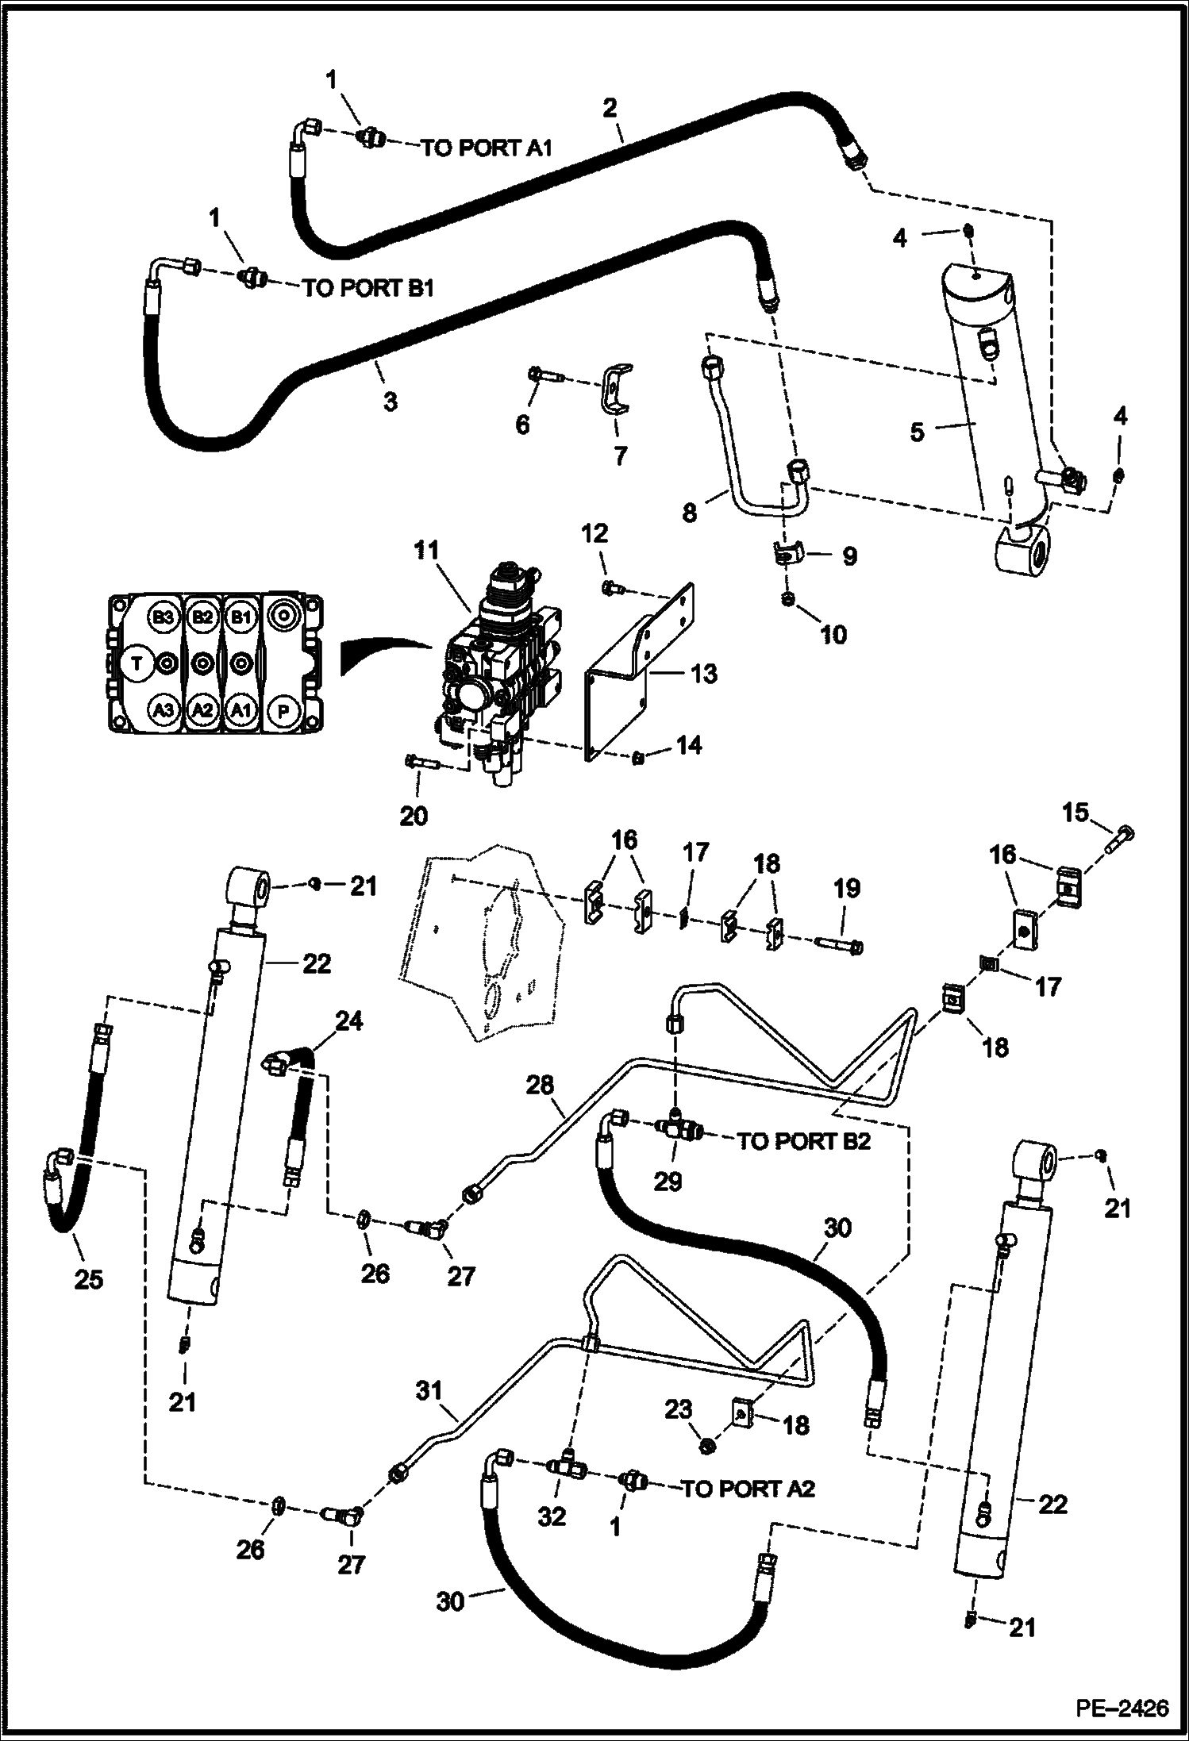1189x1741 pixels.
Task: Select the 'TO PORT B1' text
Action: pyautogui.click(x=367, y=288)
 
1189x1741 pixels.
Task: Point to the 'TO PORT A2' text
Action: pyautogui.click(x=748, y=1489)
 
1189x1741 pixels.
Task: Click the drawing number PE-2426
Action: pyautogui.click(x=1122, y=1704)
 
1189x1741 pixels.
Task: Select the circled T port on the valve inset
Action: pyautogui.click(x=137, y=663)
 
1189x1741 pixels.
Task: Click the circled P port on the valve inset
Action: pyautogui.click(x=283, y=711)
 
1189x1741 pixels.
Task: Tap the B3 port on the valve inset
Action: pyautogui.click(x=163, y=617)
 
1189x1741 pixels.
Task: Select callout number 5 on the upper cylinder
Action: pyautogui.click(x=917, y=432)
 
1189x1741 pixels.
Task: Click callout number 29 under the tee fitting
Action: pyautogui.click(x=668, y=1182)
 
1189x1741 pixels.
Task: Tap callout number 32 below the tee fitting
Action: pyautogui.click(x=552, y=1516)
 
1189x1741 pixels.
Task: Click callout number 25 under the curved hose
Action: pyautogui.click(x=88, y=1280)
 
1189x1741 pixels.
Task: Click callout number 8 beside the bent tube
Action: pyautogui.click(x=689, y=513)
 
